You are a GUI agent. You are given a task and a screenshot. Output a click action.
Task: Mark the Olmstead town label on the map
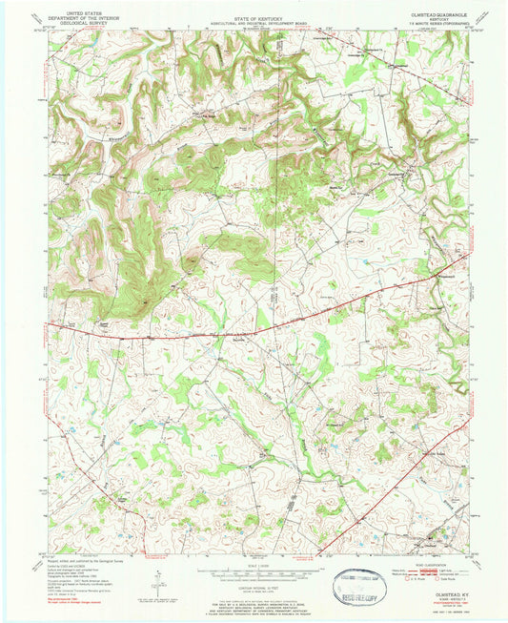(x=432, y=543)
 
